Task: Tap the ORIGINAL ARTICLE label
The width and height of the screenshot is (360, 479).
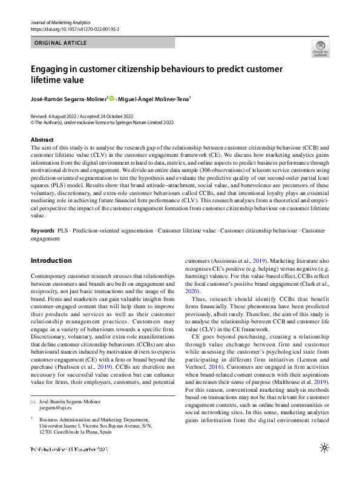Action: point(61,43)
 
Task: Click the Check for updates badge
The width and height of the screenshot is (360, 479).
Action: point(320,48)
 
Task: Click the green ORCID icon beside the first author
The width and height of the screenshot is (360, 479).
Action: point(112,99)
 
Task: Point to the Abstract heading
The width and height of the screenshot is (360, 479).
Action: point(42,140)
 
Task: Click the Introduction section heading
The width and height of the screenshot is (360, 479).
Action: point(51,261)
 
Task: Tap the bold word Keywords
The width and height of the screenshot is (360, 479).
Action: point(43,231)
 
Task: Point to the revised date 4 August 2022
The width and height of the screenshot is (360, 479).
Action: point(62,115)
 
